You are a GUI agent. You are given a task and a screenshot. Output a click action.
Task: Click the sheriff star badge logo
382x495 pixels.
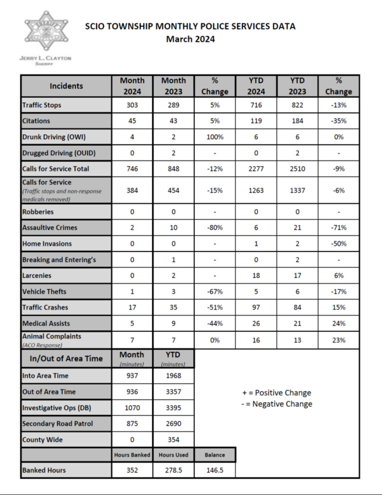coord(45,32)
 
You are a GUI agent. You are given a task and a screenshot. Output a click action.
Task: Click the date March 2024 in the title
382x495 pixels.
coord(190,39)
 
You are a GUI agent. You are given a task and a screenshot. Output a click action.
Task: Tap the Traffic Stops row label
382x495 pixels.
coord(42,105)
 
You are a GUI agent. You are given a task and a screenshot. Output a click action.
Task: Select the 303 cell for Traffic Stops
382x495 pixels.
coord(132,105)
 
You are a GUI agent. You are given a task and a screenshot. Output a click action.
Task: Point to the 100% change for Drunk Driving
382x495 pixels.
coord(214,137)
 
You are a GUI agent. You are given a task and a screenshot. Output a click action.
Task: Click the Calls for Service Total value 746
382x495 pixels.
coord(132,169)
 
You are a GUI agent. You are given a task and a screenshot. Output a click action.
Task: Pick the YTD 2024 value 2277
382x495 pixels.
coord(256,169)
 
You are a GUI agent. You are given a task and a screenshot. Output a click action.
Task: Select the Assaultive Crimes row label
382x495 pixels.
coord(50,228)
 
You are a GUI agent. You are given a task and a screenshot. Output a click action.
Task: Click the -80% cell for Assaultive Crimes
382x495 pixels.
coord(214,228)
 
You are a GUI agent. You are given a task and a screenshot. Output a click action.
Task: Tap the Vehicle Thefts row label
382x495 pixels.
coord(44,292)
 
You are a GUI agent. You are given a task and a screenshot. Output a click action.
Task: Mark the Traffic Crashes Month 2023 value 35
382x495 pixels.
coord(173,307)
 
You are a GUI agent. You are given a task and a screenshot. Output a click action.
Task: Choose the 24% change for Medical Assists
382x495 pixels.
coord(338,323)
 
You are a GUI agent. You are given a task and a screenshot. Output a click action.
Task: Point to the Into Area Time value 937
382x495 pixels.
coord(132,376)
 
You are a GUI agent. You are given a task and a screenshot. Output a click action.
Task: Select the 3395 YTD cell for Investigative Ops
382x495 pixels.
coord(173,408)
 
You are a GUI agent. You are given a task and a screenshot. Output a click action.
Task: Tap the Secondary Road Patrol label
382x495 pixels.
coord(58,423)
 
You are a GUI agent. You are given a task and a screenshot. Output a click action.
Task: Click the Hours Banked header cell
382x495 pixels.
coord(132,455)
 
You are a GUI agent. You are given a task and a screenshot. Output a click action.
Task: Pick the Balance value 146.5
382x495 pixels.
coord(214,470)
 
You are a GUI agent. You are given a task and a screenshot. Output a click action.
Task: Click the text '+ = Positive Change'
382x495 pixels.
coord(277,393)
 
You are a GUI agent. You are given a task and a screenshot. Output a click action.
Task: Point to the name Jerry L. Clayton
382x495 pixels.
coord(45,59)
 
